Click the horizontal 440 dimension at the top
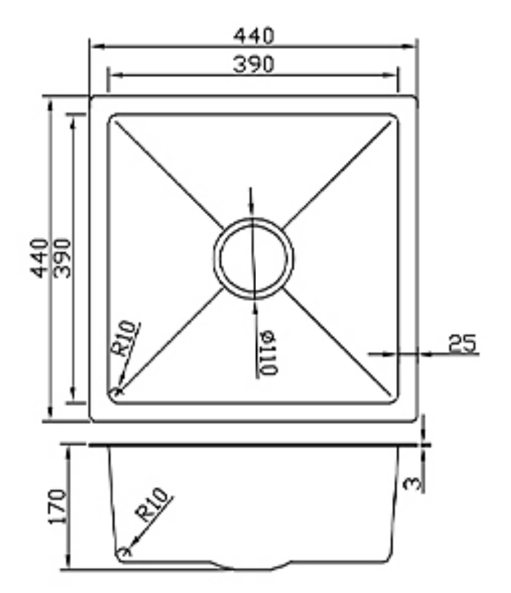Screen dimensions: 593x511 [x=254, y=36]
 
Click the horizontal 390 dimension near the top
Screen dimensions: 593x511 [x=254, y=64]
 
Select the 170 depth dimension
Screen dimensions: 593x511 [x=58, y=506]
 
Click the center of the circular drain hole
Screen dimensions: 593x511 [x=253, y=258]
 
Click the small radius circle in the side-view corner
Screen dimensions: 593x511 [x=123, y=551]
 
